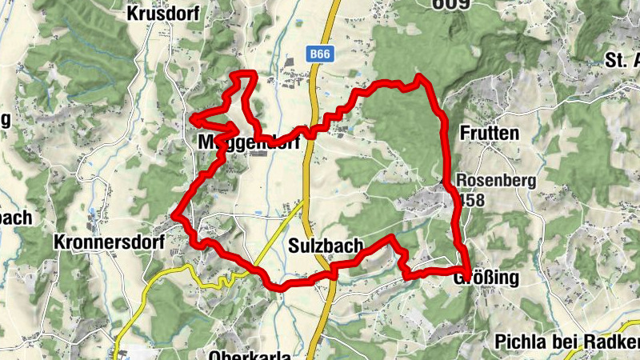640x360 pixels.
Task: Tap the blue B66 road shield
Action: click(x=319, y=54)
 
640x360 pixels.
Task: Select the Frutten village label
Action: click(x=490, y=132)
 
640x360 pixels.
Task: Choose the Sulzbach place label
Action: click(x=326, y=246)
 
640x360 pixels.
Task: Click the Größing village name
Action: click(x=490, y=278)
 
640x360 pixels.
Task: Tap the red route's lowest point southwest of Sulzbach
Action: click(x=281, y=286)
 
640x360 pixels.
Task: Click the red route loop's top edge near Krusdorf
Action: click(x=243, y=74)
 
